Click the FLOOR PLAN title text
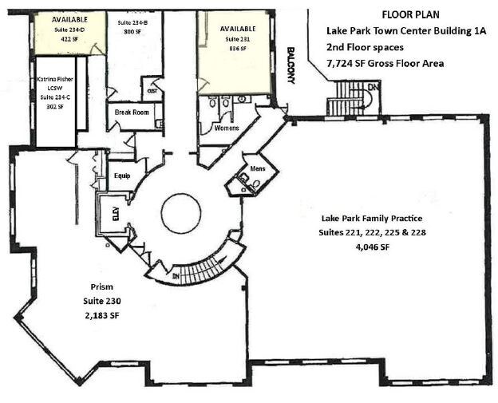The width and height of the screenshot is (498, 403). pyautogui.click(x=410, y=14)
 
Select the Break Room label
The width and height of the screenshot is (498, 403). pyautogui.click(x=132, y=113)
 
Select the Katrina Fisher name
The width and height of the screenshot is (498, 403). pyautogui.click(x=56, y=80)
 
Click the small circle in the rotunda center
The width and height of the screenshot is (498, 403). pyautogui.click(x=186, y=213)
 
